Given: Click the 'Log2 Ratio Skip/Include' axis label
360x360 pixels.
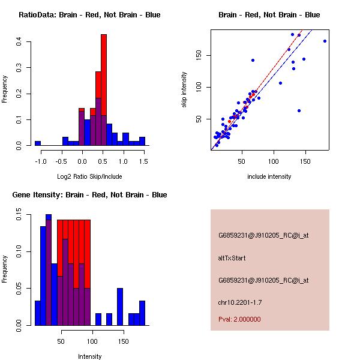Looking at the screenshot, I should click(x=89, y=176).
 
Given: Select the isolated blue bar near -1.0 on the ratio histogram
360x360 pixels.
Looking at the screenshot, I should click(x=38, y=143).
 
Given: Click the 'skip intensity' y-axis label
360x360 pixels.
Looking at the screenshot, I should click(x=184, y=90).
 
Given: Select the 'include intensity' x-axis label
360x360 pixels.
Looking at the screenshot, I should click(x=269, y=176).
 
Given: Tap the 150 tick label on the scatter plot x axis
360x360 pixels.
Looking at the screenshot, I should click(x=305, y=161).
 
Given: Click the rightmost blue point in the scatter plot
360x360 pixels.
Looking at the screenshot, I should click(x=325, y=41).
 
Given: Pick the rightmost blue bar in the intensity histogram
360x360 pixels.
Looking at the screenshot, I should click(x=142, y=313).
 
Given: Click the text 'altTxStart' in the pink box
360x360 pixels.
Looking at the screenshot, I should click(x=232, y=258).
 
